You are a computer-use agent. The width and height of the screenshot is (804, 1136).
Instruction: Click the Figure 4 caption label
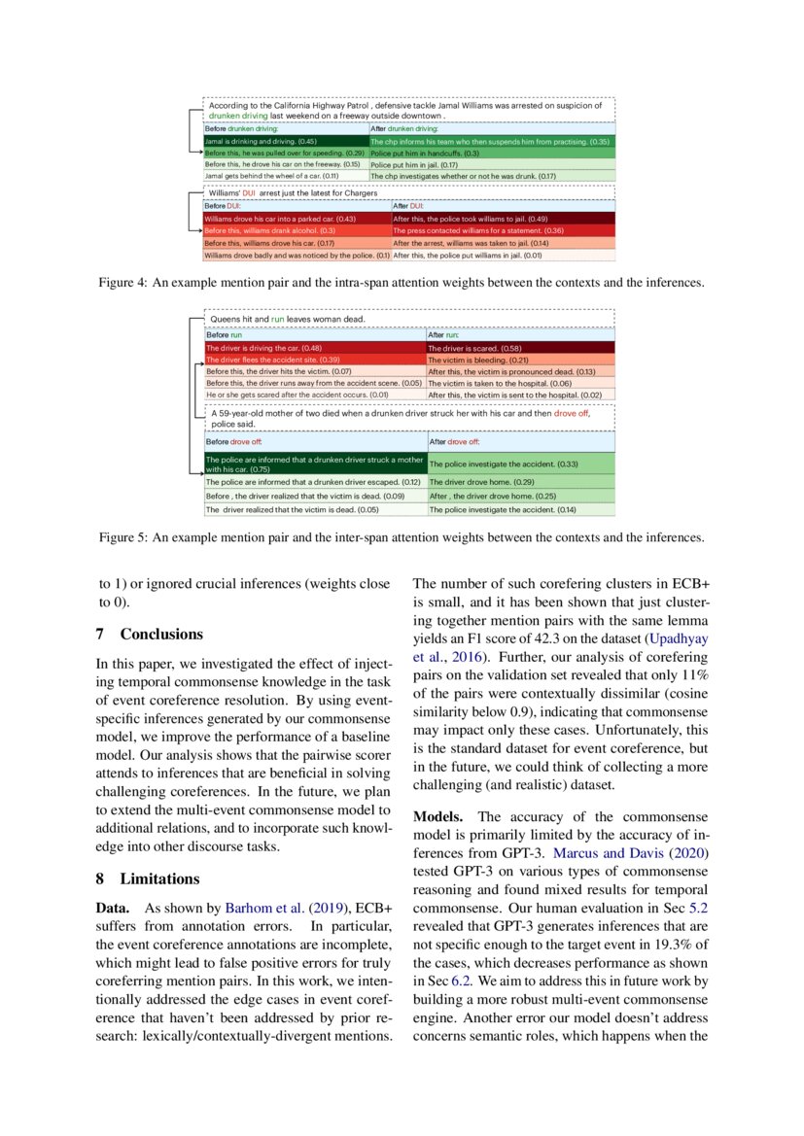[122, 283]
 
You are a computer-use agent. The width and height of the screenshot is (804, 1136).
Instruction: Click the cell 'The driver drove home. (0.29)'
[471, 482]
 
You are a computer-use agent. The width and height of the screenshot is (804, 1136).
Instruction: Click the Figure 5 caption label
[122, 537]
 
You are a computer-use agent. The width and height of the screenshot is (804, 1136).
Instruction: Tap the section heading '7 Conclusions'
[150, 635]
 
